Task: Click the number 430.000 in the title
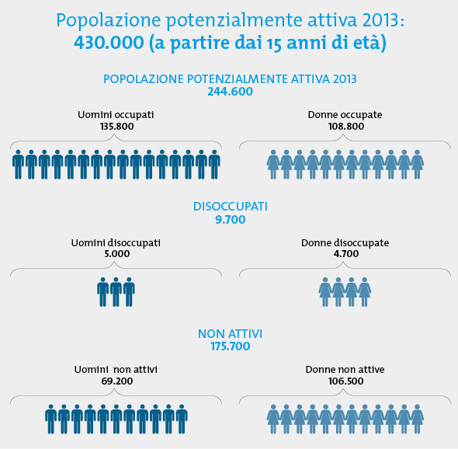click(109, 43)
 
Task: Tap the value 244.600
click(231, 92)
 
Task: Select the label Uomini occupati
click(116, 115)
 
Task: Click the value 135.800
click(117, 127)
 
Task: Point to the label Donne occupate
click(345, 115)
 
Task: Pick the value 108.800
click(346, 127)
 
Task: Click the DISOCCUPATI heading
click(231, 207)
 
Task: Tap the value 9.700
click(231, 220)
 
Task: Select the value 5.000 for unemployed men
click(117, 254)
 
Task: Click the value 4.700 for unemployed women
click(346, 254)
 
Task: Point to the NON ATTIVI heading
click(231, 334)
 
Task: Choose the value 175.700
click(231, 346)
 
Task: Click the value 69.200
click(117, 381)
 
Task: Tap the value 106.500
click(346, 381)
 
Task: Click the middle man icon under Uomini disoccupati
click(116, 292)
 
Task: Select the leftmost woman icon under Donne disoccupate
click(325, 292)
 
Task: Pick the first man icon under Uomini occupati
click(18, 165)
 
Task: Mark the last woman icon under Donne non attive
click(417, 419)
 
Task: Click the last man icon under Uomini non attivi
click(182, 419)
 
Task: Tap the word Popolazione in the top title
click(109, 20)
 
